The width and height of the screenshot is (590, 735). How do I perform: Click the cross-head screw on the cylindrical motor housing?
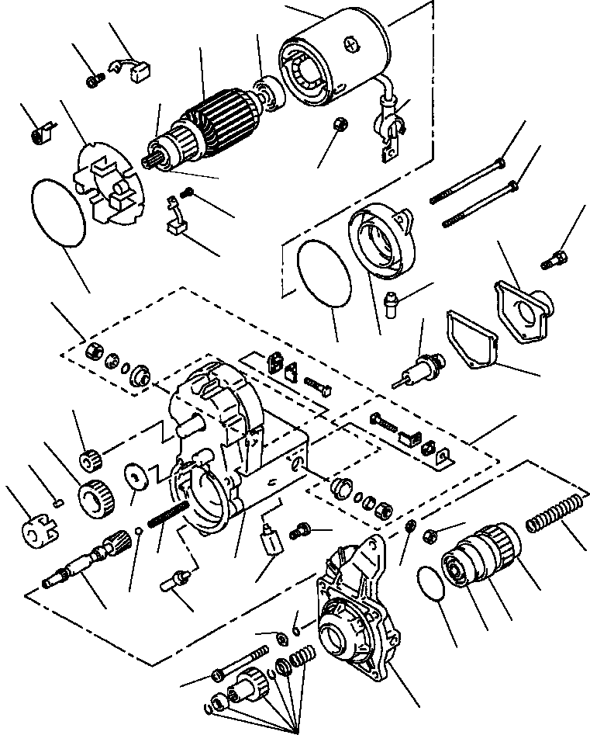coord(356,45)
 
